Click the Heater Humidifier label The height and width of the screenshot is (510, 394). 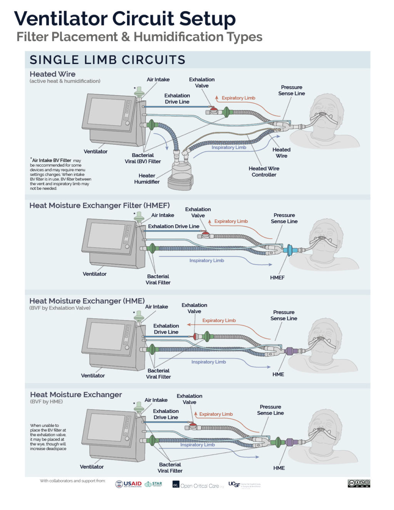pos(147,179)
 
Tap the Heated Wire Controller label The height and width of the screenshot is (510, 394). pos(264,172)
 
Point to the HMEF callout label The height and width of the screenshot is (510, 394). pos(277,278)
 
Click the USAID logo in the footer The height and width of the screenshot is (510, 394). pos(129,484)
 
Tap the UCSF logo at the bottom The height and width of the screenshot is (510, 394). pos(244,485)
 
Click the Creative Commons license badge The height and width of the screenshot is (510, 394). pos(359,483)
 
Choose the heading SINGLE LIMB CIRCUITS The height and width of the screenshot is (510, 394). pos(107,60)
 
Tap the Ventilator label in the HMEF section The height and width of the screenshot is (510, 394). pos(95,274)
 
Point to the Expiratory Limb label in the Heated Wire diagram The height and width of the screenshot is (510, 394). pos(238,98)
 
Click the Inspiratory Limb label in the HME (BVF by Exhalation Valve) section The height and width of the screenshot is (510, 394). pos(209,362)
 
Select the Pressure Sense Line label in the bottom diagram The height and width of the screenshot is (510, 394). pos(270,410)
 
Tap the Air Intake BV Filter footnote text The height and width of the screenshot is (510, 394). pos(60,174)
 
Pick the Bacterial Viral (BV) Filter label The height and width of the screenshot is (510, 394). pos(143,158)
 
